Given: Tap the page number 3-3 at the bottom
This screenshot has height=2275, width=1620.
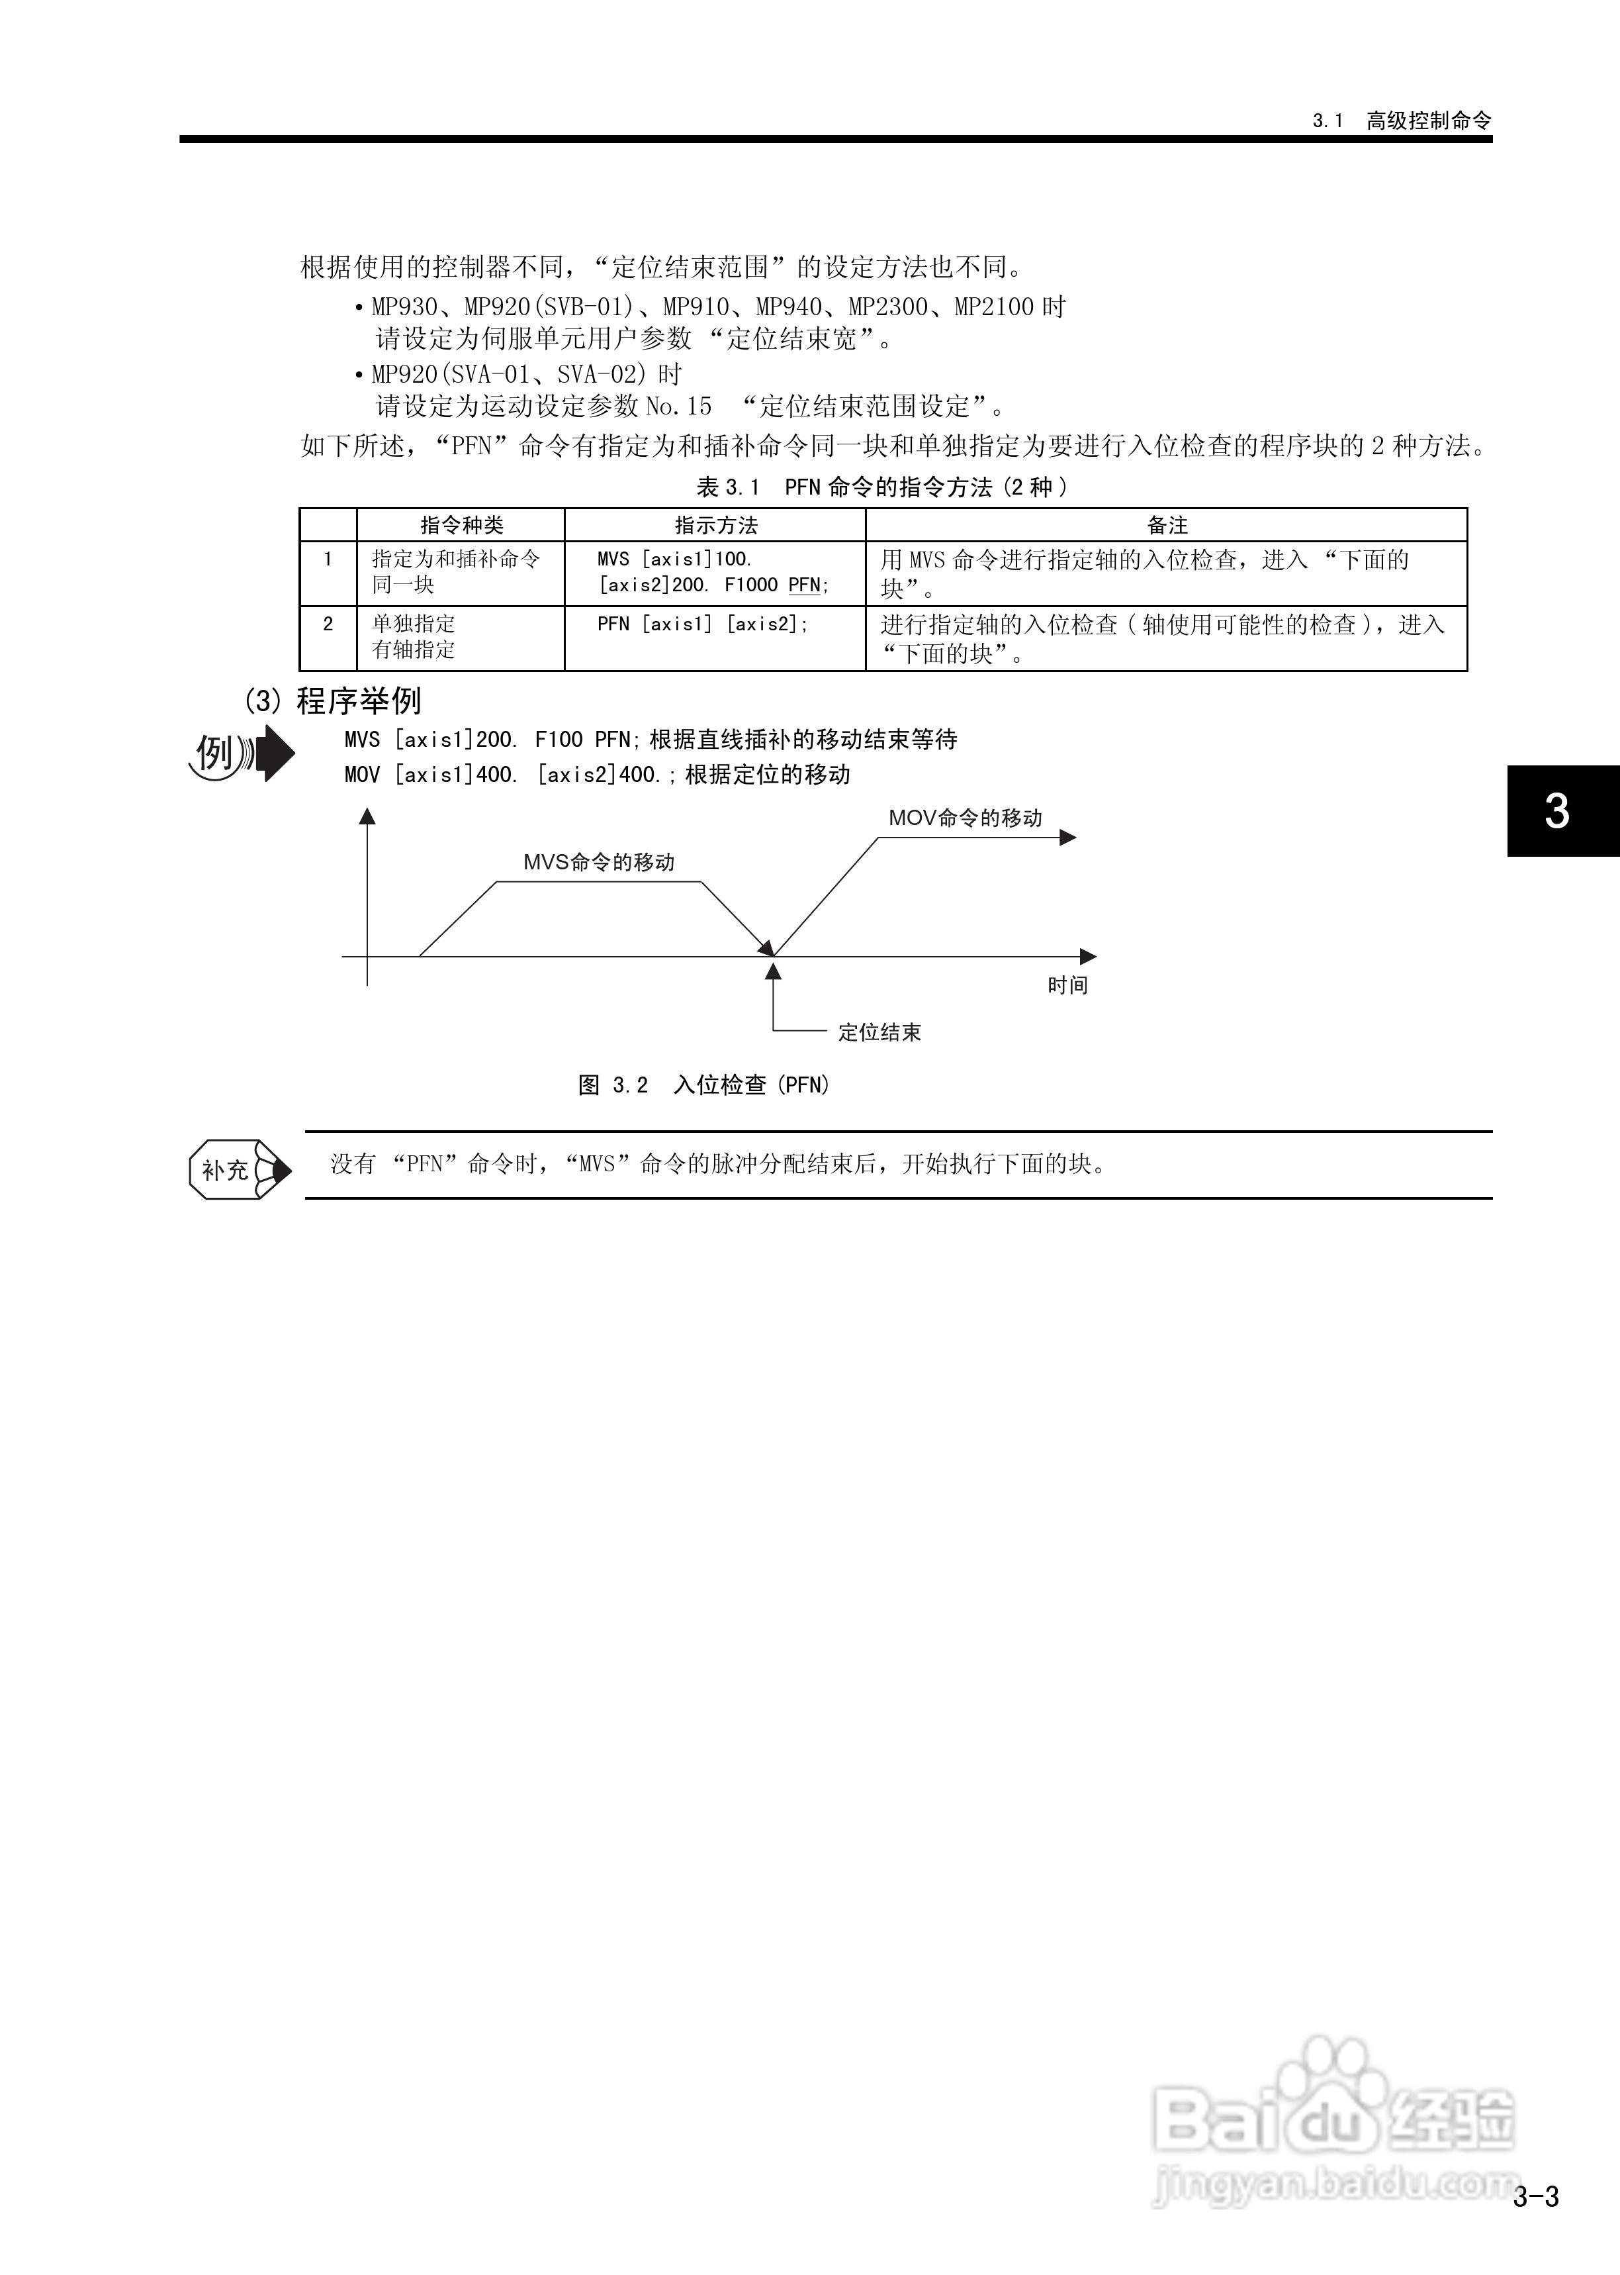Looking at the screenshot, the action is click(1535, 2196).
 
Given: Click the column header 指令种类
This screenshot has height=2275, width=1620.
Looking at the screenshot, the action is click(461, 525).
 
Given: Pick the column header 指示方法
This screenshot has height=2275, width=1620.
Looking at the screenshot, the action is click(715, 525).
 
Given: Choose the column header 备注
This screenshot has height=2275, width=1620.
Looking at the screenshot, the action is click(1166, 525).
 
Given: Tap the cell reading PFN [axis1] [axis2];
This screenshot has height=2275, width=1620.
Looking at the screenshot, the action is click(702, 624).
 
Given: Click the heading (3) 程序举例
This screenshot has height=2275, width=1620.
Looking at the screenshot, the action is click(333, 701).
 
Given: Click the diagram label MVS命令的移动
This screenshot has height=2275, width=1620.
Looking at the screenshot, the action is click(598, 862).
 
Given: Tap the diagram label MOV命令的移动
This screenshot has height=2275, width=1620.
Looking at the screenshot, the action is click(965, 818).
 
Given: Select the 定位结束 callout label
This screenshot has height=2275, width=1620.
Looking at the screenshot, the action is click(879, 1033).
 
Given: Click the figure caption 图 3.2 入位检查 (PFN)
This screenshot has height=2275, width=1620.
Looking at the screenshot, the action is click(703, 1085).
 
